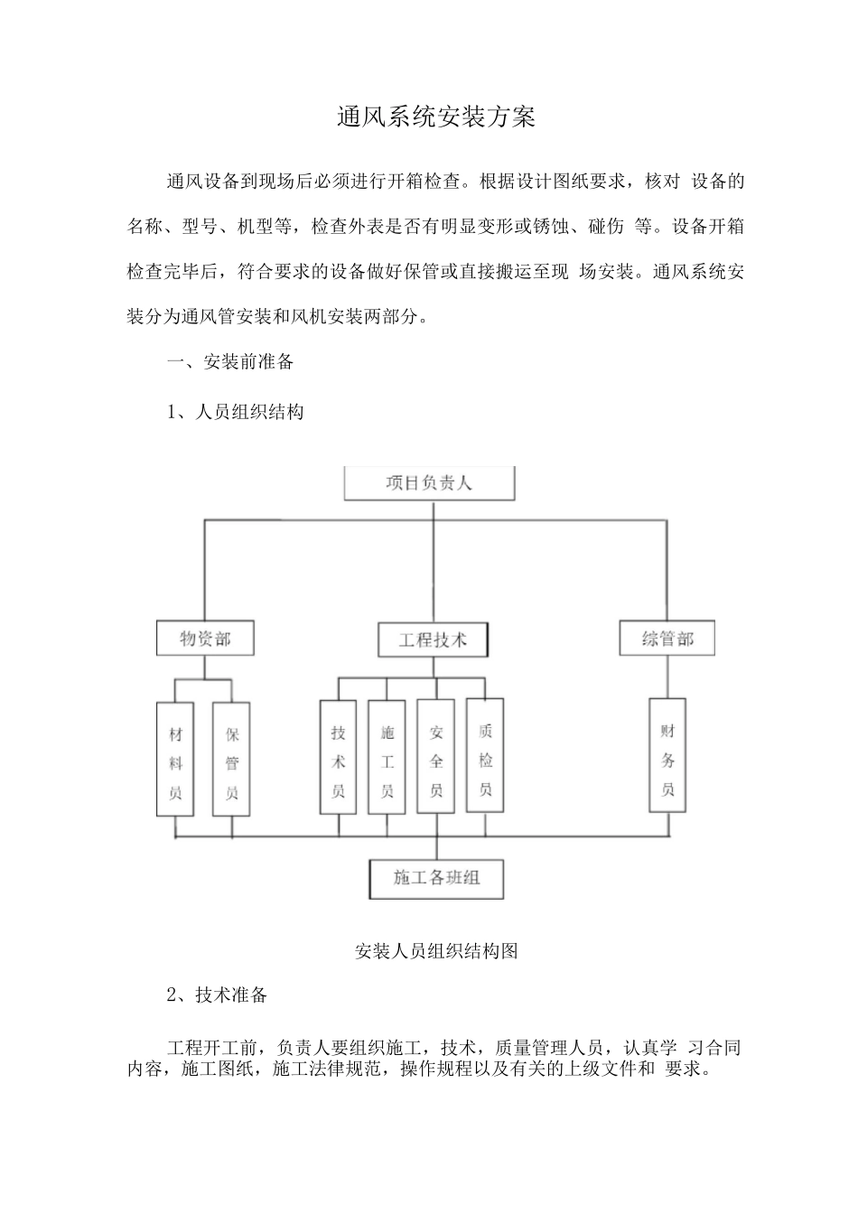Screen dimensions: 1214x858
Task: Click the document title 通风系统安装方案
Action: (x=436, y=117)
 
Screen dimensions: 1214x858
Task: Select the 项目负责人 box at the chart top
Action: (x=429, y=483)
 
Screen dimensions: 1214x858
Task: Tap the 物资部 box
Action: (x=205, y=639)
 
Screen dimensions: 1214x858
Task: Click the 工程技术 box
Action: (x=434, y=640)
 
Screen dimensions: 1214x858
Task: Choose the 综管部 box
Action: (x=667, y=639)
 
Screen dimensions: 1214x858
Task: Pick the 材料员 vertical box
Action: (x=175, y=763)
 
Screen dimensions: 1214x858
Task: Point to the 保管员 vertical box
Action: (x=231, y=763)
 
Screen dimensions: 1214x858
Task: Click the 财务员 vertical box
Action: (x=667, y=759)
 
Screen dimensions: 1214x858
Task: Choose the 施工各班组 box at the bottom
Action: (x=436, y=877)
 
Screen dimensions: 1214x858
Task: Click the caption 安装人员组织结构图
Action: (x=436, y=951)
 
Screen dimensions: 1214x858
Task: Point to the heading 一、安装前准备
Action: (x=231, y=362)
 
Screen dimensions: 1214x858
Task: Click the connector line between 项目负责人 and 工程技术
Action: (x=434, y=560)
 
